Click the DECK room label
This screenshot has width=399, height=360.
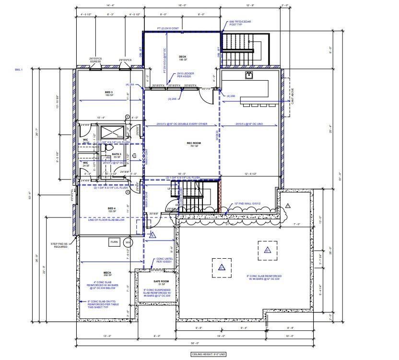(x=182, y=57)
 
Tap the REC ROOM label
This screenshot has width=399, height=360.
(x=193, y=144)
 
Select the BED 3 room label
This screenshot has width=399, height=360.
(x=109, y=93)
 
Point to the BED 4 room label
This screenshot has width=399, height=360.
(x=112, y=209)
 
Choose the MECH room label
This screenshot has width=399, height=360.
(x=107, y=273)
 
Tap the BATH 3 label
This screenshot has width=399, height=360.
(x=117, y=155)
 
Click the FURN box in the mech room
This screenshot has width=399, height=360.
(x=114, y=242)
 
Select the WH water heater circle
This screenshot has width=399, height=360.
(x=128, y=242)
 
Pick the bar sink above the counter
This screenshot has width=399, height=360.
(x=249, y=74)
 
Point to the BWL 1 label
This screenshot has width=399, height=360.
(x=19, y=70)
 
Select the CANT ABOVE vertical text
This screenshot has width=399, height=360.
(x=292, y=96)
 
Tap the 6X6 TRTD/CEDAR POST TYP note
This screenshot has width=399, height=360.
(x=240, y=23)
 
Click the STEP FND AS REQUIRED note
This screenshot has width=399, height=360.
(x=60, y=245)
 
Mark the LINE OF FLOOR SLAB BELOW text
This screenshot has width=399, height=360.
(x=107, y=219)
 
